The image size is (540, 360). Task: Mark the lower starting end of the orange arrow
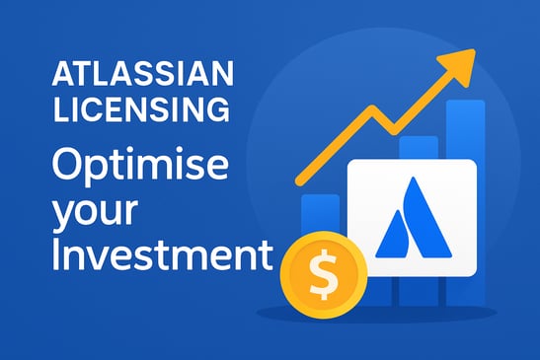pos(298,183)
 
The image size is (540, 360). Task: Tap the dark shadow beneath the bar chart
pos(395,314)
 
